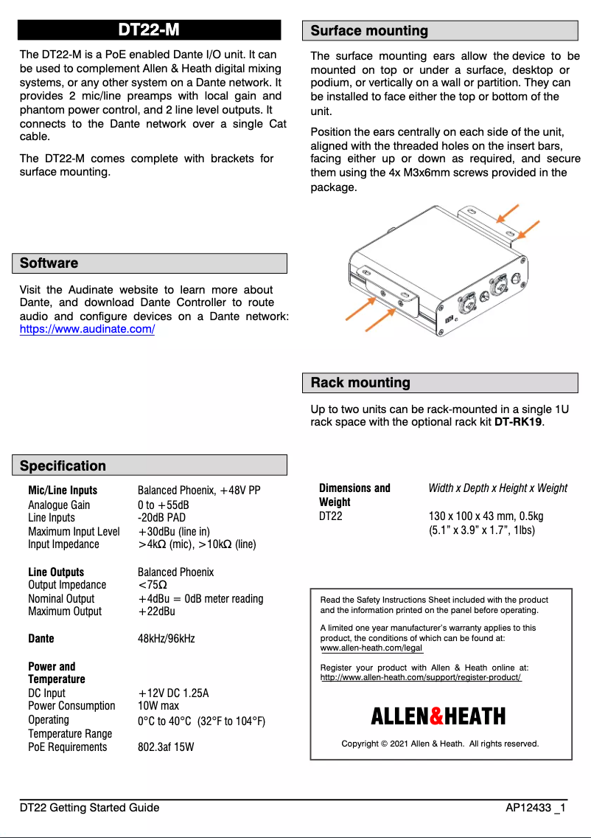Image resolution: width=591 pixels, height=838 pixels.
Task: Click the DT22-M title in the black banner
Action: (x=149, y=30)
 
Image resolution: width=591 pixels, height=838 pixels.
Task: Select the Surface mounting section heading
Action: (x=369, y=31)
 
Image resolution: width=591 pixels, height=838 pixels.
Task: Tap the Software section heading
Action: (x=49, y=263)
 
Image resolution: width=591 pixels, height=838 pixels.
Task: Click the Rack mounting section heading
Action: (x=360, y=383)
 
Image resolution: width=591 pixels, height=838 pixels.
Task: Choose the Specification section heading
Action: (x=63, y=465)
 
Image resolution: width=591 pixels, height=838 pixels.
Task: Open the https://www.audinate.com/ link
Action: (x=87, y=330)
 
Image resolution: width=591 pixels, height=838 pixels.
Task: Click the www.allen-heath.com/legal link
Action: (x=371, y=648)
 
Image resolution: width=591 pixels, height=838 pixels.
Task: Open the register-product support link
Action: (x=421, y=677)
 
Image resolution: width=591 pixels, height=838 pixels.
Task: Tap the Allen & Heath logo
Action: (x=438, y=716)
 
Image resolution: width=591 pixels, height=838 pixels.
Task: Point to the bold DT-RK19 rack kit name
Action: (x=518, y=422)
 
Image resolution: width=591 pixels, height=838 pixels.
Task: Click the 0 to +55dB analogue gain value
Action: (x=163, y=505)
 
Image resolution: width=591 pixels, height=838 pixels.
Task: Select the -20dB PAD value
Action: (x=161, y=518)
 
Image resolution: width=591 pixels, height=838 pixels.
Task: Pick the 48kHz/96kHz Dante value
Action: (x=167, y=639)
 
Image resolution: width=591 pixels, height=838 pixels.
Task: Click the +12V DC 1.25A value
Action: (x=173, y=693)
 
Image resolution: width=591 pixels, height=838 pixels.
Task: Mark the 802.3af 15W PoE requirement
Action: (x=166, y=747)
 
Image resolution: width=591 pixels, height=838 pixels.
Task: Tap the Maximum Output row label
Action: (x=65, y=612)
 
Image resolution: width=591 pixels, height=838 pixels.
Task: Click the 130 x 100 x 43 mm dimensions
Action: (x=486, y=516)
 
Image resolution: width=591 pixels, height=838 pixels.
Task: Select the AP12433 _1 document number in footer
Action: (x=535, y=808)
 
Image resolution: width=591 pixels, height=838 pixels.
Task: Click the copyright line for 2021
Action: (x=440, y=744)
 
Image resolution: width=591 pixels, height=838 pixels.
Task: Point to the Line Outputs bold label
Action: (x=56, y=572)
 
